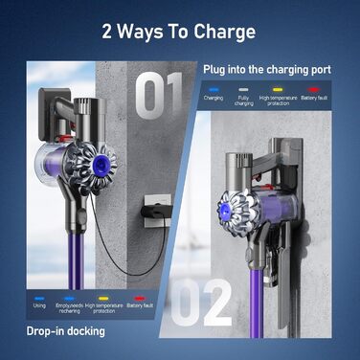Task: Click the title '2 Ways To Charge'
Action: [180, 32]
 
